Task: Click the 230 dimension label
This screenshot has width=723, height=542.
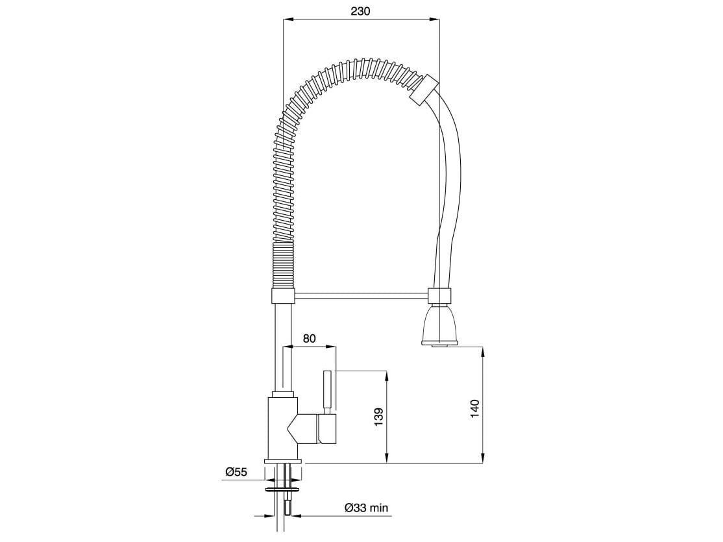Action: pos(360,11)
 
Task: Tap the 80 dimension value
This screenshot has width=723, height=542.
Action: pos(310,338)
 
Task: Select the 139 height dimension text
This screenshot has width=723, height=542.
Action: pos(379,417)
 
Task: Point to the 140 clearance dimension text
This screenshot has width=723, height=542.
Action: pos(475,409)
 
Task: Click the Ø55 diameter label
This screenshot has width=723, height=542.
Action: pos(236,472)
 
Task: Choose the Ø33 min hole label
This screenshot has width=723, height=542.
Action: pos(367,508)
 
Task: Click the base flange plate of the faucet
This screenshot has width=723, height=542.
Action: pos(283,462)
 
